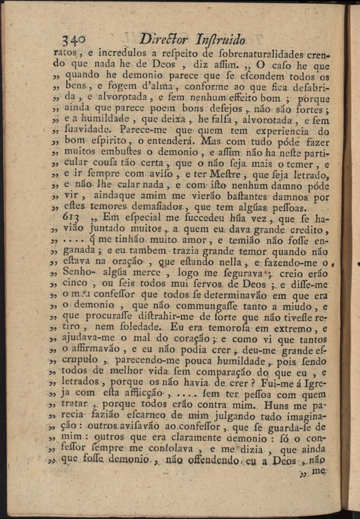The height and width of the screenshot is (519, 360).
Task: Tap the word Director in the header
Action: point(164,39)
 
